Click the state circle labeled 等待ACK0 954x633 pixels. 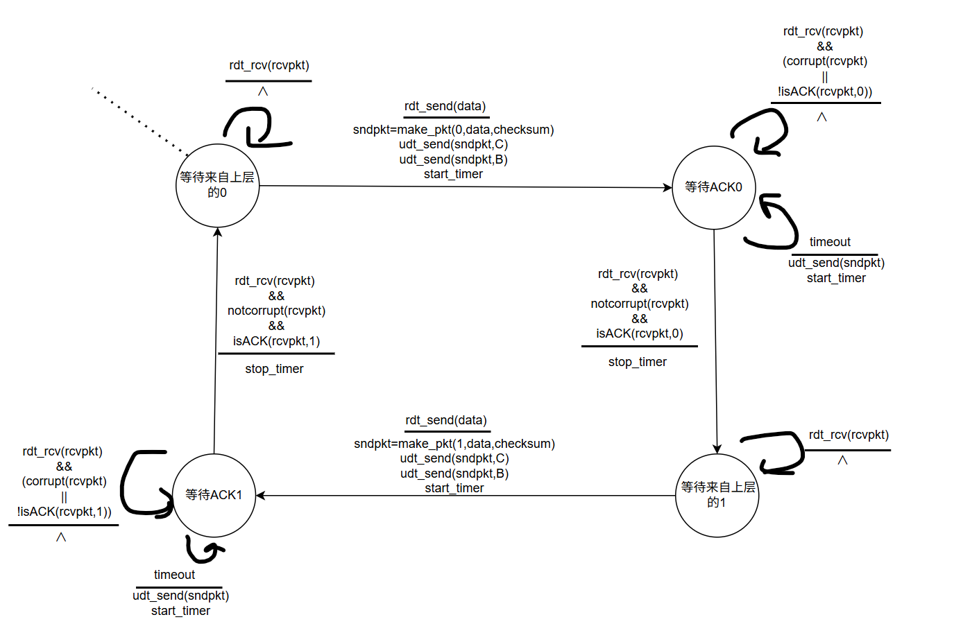714,187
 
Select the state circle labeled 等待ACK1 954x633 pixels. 214,495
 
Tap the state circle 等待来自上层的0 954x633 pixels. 217,185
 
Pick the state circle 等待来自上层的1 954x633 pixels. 717,495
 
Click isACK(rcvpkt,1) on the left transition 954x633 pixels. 276,341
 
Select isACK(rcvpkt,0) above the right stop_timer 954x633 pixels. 639,333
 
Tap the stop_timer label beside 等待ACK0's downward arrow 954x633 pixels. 637,362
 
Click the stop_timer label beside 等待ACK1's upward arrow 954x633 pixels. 274,369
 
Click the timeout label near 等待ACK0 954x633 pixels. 830,242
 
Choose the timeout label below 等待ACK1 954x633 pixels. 174,575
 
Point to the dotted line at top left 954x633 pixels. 139,121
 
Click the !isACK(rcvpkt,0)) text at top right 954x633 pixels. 824,92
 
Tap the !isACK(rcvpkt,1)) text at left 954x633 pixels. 64,512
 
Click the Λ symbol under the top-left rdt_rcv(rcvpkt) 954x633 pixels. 262,92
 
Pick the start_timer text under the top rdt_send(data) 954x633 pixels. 453,174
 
